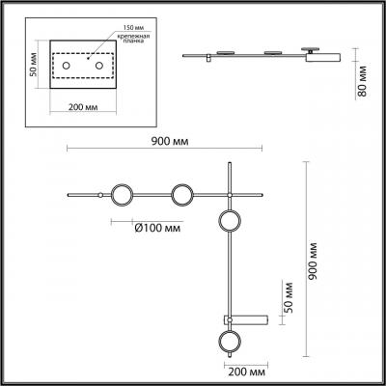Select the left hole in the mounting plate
67,66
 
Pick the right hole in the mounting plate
99,66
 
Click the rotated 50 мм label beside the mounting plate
33,65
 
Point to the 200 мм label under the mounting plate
83,106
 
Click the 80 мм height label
362,81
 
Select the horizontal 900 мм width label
170,141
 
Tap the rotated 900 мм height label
313,261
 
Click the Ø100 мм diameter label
157,228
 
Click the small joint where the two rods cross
230,195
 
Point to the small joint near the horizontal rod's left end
100,195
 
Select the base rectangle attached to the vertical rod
246,320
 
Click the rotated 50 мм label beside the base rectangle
289,297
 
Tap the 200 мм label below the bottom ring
247,372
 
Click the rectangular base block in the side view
322,58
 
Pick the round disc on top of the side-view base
310,48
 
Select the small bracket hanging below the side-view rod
208,59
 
